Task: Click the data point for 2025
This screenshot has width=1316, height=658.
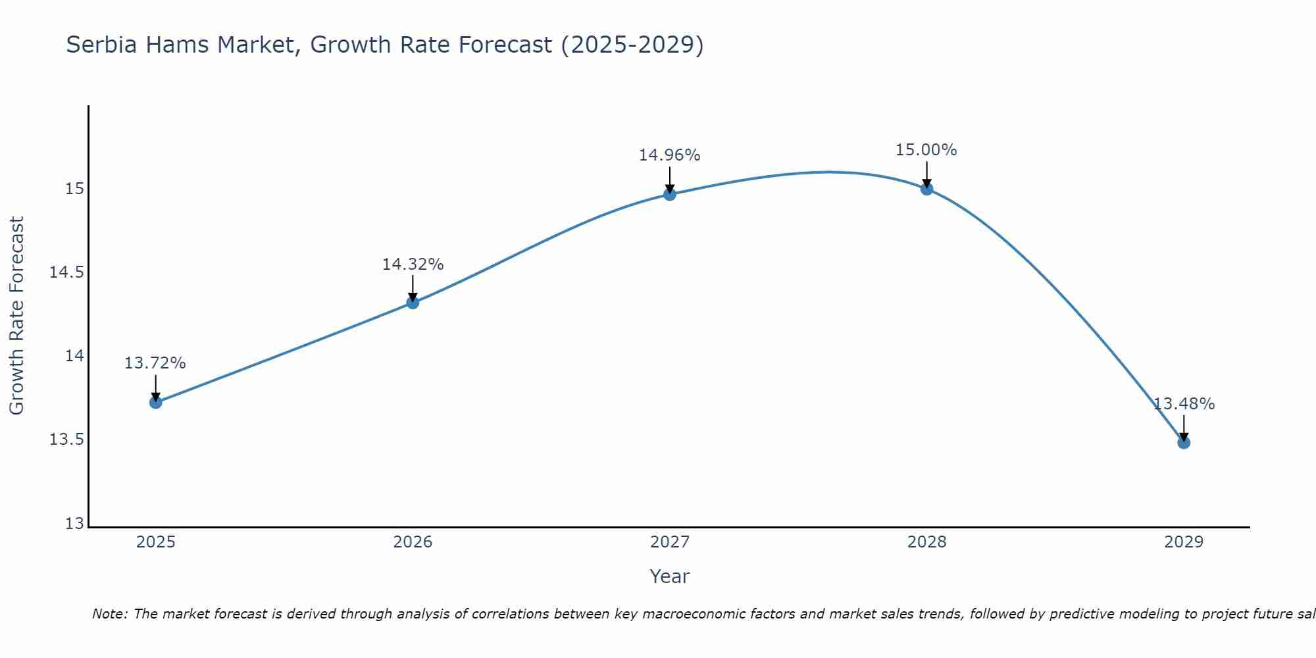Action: pyautogui.click(x=156, y=402)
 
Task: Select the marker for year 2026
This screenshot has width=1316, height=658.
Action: pyautogui.click(x=413, y=303)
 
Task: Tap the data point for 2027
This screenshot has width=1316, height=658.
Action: pyautogui.click(x=670, y=194)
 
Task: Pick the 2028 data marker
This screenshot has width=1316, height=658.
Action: pyautogui.click(x=926, y=189)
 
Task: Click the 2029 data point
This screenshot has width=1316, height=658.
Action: pyautogui.click(x=1184, y=442)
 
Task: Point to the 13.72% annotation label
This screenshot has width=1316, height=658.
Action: pyautogui.click(x=155, y=363)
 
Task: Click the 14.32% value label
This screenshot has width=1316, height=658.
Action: pyautogui.click(x=413, y=265)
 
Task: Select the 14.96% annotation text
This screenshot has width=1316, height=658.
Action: pyautogui.click(x=670, y=155)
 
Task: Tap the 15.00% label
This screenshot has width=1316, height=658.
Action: pyautogui.click(x=926, y=150)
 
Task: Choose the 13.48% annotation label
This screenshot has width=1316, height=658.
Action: pyautogui.click(x=1184, y=404)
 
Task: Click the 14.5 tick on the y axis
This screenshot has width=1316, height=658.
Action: pyautogui.click(x=66, y=272)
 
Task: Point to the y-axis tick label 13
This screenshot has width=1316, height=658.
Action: pyautogui.click(x=75, y=524)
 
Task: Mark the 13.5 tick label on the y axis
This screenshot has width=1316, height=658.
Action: pyautogui.click(x=66, y=440)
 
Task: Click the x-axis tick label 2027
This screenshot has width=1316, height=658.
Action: pyautogui.click(x=670, y=542)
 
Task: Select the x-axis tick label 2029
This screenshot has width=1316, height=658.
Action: pyautogui.click(x=1184, y=542)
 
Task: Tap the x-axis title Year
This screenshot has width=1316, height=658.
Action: pyautogui.click(x=670, y=576)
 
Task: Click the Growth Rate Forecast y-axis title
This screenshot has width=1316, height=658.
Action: pyautogui.click(x=17, y=315)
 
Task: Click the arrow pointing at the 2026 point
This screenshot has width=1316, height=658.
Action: pyautogui.click(x=413, y=289)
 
